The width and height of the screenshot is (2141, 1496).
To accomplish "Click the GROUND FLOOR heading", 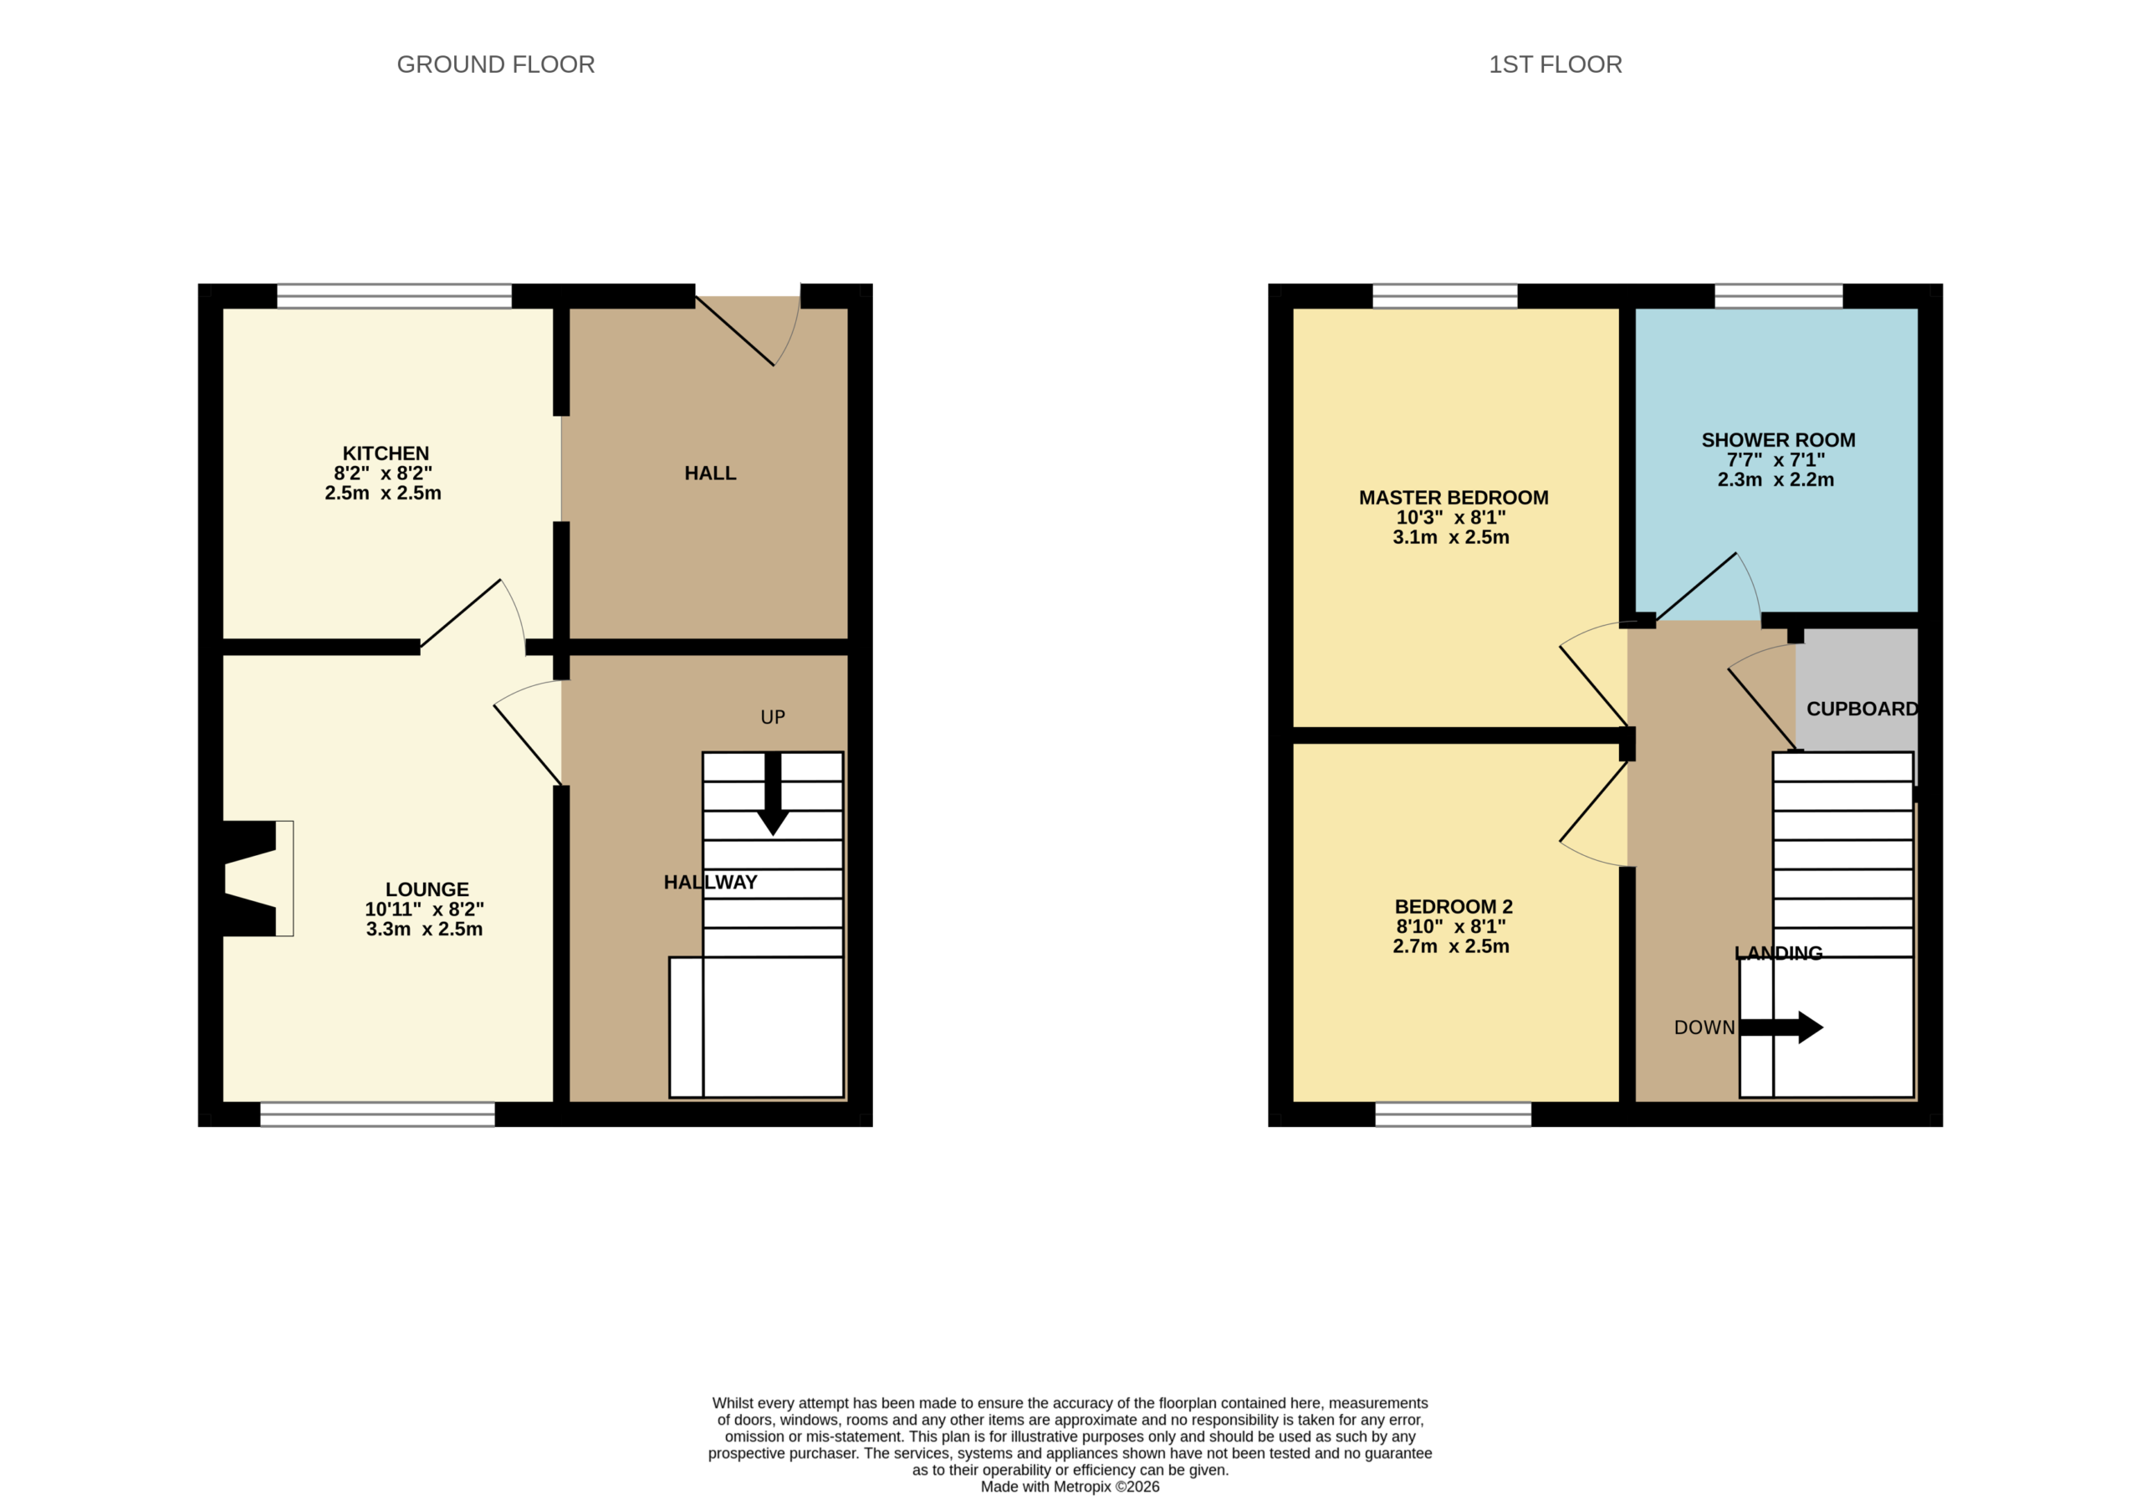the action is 495,64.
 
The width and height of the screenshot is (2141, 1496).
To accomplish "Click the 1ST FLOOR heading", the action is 1556,64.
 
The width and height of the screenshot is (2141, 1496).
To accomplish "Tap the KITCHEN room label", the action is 385,453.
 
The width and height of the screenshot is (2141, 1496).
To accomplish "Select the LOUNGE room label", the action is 427,889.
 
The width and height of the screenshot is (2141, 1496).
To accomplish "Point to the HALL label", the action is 711,473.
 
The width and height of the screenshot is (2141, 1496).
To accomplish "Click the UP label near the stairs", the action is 773,717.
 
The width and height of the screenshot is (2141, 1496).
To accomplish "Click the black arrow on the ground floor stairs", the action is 773,794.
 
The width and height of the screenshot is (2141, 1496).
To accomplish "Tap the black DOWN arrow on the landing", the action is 1782,1027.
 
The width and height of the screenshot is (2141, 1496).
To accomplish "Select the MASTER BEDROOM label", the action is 1454,498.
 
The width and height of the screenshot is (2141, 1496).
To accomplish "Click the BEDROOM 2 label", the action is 1454,907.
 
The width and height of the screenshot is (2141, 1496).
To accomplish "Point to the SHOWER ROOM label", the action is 1778,440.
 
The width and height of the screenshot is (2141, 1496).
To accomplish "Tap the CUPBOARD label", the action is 1863,709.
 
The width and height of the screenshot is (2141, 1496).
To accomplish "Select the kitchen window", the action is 395,295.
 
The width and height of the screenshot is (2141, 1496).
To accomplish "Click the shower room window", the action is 1779,295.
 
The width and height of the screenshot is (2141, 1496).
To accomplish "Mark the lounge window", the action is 378,1114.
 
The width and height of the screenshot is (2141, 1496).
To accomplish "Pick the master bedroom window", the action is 1445,295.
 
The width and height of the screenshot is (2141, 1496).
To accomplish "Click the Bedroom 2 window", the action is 1454,1114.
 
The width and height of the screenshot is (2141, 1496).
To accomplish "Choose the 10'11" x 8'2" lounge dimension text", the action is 424,909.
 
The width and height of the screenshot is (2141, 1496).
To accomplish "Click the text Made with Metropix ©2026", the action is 1070,1487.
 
